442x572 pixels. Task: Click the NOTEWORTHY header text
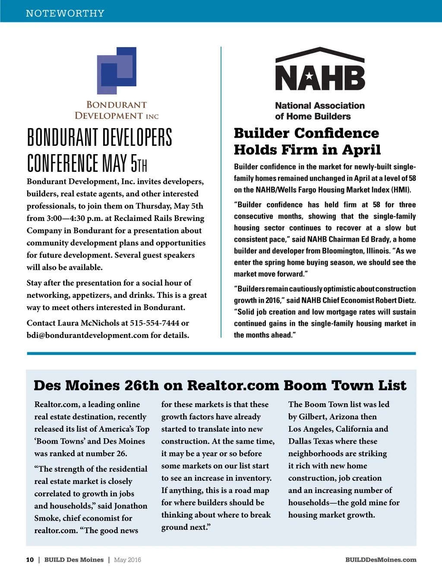tap(65, 13)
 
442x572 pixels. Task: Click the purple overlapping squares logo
tap(117, 70)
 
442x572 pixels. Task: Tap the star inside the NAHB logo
tap(309, 76)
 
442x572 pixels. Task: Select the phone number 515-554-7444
tap(154, 323)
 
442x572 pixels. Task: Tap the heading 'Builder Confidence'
tap(306, 133)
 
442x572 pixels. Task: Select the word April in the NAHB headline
tap(361, 149)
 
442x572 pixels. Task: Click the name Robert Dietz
tap(395, 300)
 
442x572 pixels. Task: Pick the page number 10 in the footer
tap(30, 560)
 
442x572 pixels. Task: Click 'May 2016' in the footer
tap(127, 560)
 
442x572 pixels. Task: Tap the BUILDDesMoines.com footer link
tap(381, 560)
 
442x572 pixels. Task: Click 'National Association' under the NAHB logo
tap(320, 105)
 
